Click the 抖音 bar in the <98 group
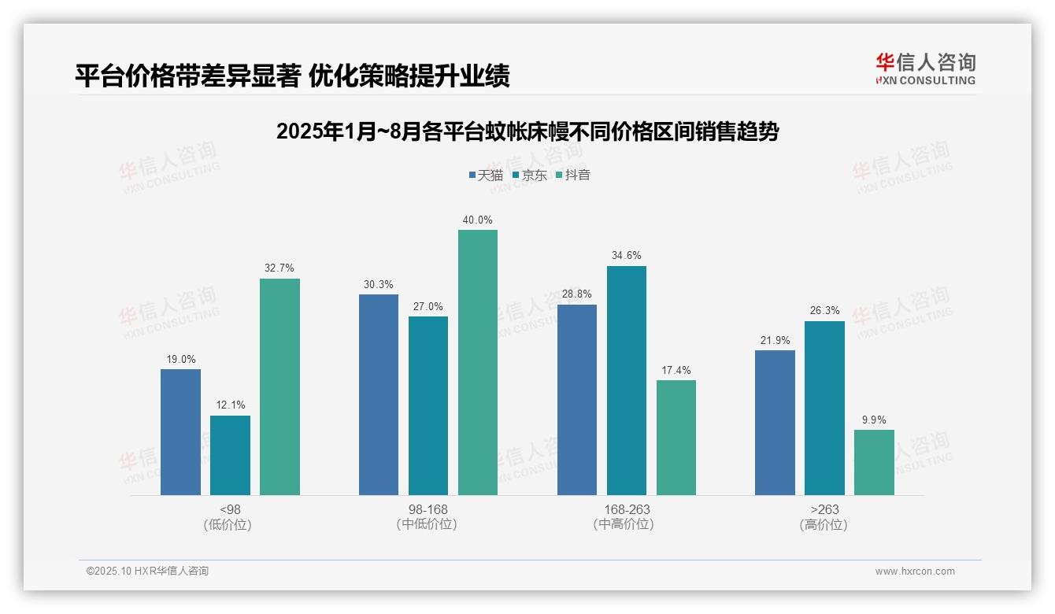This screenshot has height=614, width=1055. pos(279,387)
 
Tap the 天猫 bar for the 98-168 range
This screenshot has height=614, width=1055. pos(379,394)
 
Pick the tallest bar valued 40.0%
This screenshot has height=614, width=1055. pos(478,362)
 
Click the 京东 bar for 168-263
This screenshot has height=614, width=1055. pos(627,380)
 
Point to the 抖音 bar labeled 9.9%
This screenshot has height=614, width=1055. pos(874,462)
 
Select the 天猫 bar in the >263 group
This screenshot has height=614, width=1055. pos(775,423)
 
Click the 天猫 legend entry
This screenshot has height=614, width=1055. pos(485,175)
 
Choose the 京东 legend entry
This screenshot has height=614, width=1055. pos(529,175)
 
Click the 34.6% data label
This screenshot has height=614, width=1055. pos(627,256)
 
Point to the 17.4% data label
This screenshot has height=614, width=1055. pos(676,370)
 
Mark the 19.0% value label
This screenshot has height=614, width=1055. pos(181,359)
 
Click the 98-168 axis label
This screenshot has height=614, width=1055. pos(428,509)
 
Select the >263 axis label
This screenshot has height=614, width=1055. pos(824,509)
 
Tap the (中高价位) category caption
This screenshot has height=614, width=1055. pos(627,524)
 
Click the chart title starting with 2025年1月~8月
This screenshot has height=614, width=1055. pos(527,131)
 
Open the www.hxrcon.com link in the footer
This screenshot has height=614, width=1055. pos(915,571)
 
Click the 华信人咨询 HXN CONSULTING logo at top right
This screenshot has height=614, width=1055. pos(925,68)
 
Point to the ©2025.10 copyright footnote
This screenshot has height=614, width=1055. pos(147,571)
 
